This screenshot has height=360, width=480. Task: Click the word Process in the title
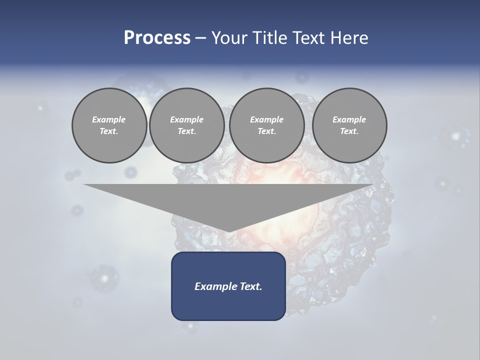click(157, 38)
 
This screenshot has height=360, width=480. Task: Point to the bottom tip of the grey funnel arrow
click(228, 231)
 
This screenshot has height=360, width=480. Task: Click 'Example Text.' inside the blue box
click(228, 286)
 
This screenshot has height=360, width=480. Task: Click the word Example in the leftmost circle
click(109, 119)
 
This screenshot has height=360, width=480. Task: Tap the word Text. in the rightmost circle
click(349, 131)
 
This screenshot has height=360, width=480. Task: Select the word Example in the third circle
click(267, 119)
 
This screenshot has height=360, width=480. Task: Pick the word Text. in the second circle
click(187, 131)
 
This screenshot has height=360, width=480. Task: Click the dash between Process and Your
click(200, 38)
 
